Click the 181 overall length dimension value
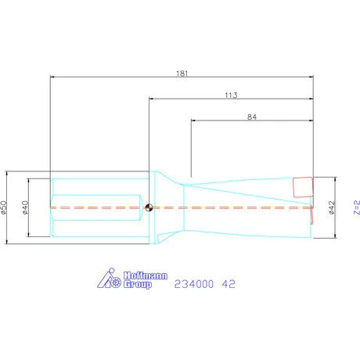tap(182, 74)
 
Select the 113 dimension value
tap(231, 95)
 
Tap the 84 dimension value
tap(252, 117)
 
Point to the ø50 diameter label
tap(3, 207)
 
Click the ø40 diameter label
tap(25, 207)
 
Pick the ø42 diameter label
tap(331, 207)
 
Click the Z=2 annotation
tap(357, 207)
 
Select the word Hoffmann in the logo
tap(146, 275)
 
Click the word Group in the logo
tap(138, 284)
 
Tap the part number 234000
tap(194, 284)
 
